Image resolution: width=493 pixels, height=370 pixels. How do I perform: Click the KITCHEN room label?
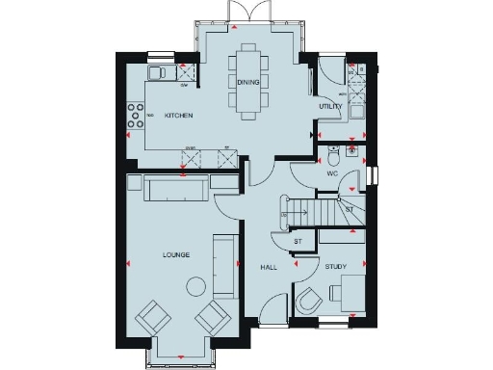point(178,116)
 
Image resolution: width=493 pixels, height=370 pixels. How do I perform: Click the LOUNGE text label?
point(175,254)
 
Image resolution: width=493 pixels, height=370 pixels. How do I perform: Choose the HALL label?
point(269,267)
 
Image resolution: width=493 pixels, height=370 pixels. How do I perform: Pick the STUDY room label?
point(335,267)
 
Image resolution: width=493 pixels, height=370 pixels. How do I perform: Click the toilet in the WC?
point(331,155)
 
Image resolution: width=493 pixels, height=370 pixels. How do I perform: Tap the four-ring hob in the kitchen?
point(135,117)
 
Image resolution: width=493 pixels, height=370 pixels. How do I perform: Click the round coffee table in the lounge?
point(197,285)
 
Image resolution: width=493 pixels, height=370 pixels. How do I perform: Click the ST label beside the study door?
point(298,241)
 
